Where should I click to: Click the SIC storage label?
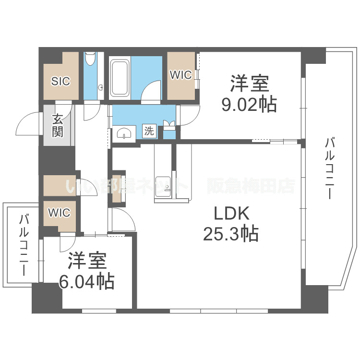point(61,81)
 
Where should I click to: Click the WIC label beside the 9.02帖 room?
point(181,75)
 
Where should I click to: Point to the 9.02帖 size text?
point(249,104)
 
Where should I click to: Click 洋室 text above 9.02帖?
point(249,84)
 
